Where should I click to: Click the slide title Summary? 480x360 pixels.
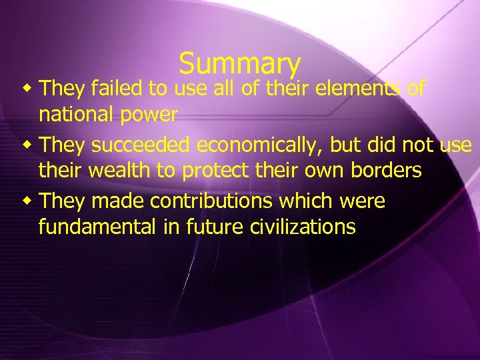[240, 63]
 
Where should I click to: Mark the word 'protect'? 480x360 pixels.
[218, 171]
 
